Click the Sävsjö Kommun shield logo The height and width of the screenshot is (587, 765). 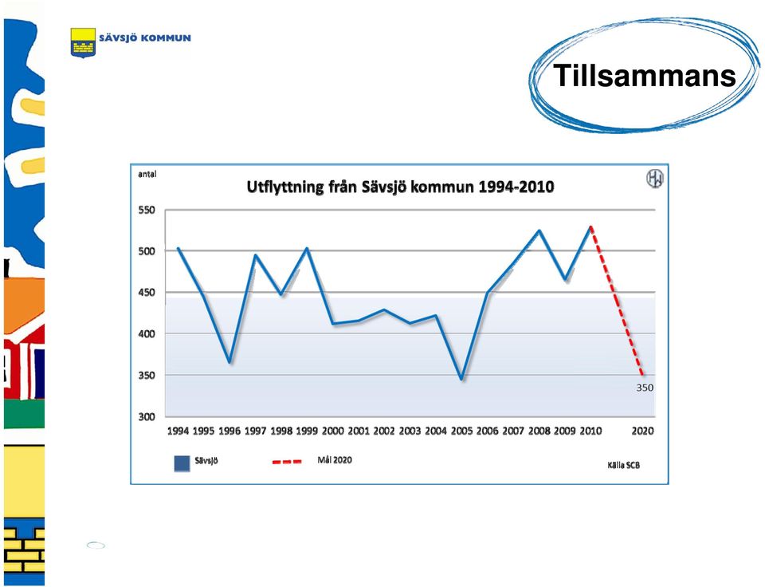pos(83,42)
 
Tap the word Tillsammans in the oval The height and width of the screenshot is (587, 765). pos(645,76)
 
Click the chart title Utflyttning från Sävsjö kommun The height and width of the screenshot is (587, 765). pos(400,187)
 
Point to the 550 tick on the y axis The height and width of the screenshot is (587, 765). pos(147,210)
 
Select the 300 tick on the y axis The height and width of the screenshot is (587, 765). pos(147,416)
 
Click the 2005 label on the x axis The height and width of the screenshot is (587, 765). pos(461,431)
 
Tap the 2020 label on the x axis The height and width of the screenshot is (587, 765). pos(642,431)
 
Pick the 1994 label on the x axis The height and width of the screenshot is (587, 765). pos(178,431)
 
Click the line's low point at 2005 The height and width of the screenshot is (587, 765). pos(461,379)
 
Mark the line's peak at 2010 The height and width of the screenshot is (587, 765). pos(590,227)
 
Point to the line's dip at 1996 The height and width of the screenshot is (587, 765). pos(229,362)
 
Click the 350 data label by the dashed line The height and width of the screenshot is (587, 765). pos(645,388)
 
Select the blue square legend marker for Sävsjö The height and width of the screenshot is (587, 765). pos(182,463)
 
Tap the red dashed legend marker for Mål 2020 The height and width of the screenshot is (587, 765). pos(287,461)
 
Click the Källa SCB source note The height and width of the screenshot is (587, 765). pos(623,466)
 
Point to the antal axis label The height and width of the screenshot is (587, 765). pos(147,175)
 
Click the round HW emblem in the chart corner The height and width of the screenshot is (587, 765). pos(655,179)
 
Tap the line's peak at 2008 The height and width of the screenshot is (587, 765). pos(539,230)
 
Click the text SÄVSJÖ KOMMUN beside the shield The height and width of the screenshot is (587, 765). pos(145,38)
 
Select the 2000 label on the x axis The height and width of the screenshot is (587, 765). pos(333,431)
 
